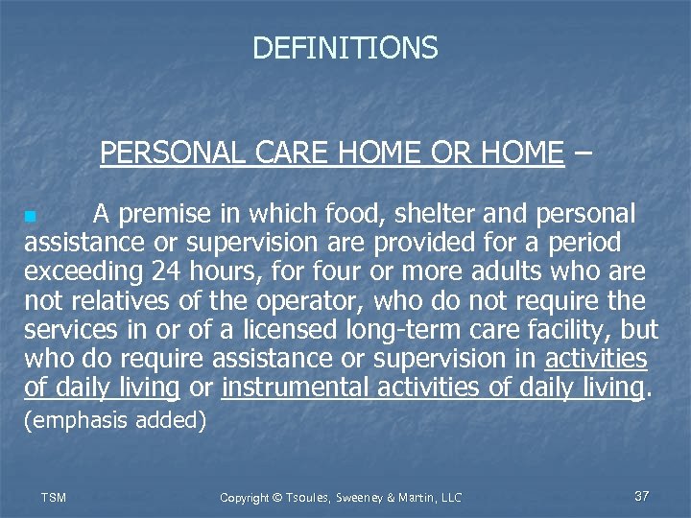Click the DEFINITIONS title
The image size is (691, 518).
pyautogui.click(x=345, y=48)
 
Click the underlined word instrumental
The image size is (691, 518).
pyautogui.click(x=295, y=388)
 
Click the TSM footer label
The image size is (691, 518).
pyautogui.click(x=54, y=497)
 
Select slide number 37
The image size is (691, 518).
pyautogui.click(x=642, y=496)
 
